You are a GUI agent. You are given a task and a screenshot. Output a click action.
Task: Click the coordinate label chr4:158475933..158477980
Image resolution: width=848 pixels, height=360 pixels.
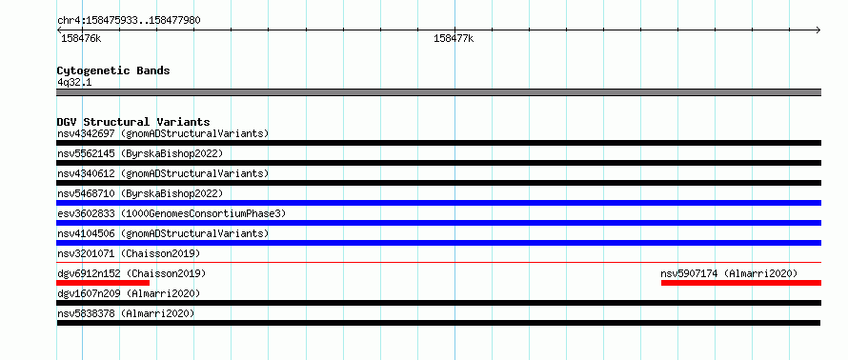click(x=129, y=21)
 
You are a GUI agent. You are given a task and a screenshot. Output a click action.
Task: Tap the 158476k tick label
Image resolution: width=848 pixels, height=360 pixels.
click(x=81, y=38)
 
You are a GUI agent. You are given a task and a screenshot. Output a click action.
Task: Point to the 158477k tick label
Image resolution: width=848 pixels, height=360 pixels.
click(x=454, y=38)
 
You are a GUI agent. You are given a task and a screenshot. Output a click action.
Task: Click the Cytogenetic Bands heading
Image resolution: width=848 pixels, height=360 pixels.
click(x=113, y=70)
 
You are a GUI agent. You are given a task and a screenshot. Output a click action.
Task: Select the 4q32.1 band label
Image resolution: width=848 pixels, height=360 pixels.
click(x=74, y=82)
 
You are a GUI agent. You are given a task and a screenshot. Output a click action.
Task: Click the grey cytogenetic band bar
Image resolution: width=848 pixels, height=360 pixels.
click(x=439, y=92)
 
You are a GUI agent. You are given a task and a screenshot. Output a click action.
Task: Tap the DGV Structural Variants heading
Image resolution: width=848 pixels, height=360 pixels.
click(x=133, y=122)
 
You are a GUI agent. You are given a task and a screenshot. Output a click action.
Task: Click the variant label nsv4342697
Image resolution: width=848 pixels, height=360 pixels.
click(x=86, y=133)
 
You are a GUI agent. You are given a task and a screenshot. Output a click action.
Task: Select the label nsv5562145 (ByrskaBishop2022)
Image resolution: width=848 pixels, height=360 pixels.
click(x=140, y=153)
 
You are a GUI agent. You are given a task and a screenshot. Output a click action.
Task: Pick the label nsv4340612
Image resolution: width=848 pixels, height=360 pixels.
click(x=86, y=173)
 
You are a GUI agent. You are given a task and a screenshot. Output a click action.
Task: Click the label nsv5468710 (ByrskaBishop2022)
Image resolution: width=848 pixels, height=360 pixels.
click(x=140, y=193)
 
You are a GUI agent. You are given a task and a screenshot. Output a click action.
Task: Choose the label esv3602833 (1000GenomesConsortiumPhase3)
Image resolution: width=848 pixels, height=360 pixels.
click(x=172, y=213)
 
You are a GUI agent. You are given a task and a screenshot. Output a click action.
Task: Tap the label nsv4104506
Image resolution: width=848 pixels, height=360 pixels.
click(x=86, y=233)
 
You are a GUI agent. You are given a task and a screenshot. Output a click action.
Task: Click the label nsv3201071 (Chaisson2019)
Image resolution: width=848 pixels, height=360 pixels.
click(x=129, y=253)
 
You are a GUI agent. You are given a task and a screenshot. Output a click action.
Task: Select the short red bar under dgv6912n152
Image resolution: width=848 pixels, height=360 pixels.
click(x=103, y=283)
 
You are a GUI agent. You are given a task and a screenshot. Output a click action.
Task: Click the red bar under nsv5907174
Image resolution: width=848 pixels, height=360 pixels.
click(x=741, y=283)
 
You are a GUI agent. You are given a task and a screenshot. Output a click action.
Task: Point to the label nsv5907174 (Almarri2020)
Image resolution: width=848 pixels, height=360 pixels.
click(x=729, y=273)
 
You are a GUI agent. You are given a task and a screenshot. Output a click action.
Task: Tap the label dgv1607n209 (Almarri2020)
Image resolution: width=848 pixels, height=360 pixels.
click(x=129, y=293)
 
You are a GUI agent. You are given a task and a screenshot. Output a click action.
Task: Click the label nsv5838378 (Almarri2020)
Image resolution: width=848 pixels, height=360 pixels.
click(x=126, y=313)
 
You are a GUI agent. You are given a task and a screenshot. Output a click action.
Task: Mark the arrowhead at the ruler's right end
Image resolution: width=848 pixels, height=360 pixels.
click(x=818, y=30)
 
